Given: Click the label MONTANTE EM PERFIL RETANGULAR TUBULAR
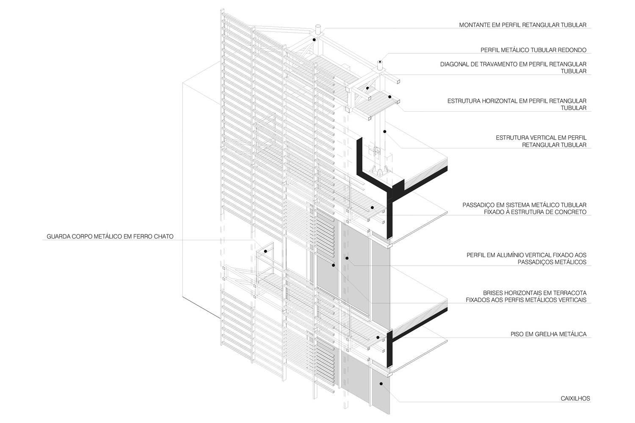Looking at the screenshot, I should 522,25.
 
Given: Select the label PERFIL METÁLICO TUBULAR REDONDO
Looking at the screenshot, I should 533,50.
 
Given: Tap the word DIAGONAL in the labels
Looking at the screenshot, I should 455,64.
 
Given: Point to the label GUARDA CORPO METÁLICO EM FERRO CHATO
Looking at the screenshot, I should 110,236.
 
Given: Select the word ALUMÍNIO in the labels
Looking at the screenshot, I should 509,255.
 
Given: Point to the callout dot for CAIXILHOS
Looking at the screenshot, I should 381,384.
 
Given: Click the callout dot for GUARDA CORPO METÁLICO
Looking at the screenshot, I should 265,251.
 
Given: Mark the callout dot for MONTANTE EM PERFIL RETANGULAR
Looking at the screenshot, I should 314,40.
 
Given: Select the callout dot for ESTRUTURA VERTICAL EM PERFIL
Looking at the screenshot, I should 385,131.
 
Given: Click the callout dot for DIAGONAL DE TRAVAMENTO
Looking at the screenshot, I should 368,88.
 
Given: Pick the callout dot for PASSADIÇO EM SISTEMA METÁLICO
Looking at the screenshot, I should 372,207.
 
